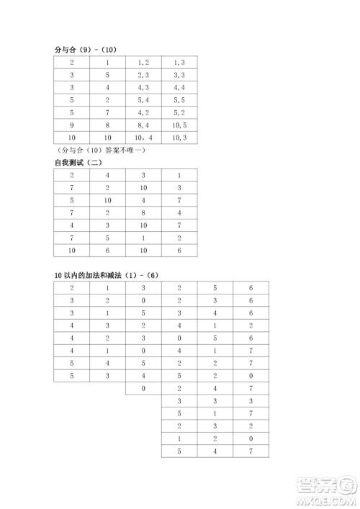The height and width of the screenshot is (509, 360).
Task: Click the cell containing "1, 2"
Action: point(143,63)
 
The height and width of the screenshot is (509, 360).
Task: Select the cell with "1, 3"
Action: point(180,63)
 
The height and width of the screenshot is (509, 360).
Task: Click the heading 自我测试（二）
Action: point(79,163)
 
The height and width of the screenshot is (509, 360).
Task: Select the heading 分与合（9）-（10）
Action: point(85,50)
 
